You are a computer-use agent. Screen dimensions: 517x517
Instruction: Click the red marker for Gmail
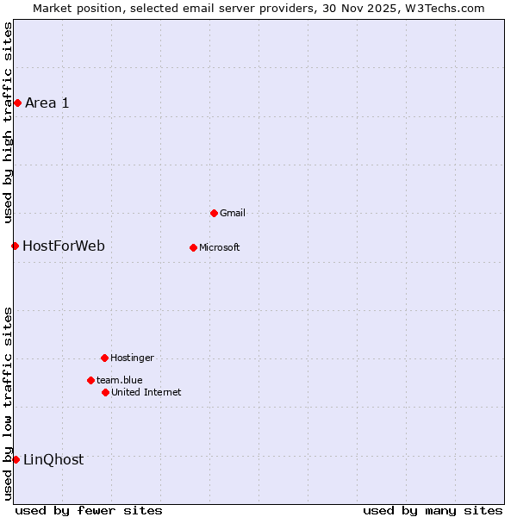(x=214, y=213)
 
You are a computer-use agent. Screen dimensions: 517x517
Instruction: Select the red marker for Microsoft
(x=193, y=247)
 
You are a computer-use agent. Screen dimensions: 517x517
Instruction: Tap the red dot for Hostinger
(x=104, y=358)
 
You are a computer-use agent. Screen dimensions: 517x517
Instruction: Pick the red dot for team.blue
(x=90, y=380)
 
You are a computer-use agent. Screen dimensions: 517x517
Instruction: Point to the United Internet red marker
(x=105, y=392)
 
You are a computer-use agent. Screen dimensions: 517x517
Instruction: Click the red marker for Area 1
(x=17, y=103)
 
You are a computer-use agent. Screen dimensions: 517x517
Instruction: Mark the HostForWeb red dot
(x=15, y=246)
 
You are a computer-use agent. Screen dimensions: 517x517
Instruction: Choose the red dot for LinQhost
(x=16, y=459)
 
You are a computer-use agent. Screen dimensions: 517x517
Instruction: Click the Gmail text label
(x=233, y=213)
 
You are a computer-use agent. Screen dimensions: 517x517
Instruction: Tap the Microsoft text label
(x=219, y=247)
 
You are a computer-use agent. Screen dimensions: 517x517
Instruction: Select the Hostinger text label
(x=132, y=358)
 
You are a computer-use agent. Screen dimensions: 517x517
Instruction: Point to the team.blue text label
(x=119, y=380)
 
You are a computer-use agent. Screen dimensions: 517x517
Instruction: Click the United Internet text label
(x=146, y=392)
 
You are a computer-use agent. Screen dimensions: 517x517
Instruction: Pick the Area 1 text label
(x=47, y=103)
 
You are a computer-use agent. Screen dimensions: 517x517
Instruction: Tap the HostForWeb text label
(x=63, y=246)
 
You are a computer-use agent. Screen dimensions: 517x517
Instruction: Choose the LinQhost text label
(x=53, y=459)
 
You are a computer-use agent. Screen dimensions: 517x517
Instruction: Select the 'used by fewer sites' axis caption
(x=89, y=510)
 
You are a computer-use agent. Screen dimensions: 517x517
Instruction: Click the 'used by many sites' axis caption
(x=432, y=510)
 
